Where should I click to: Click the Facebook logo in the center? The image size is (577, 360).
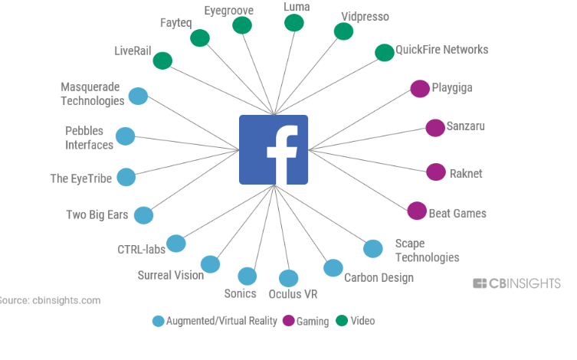pos(274,149)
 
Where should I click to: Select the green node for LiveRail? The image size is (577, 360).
pos(162,61)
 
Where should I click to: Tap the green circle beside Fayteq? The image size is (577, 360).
pos(200,38)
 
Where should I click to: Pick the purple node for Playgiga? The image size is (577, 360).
pos(419,88)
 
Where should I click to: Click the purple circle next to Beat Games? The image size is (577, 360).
pos(417,211)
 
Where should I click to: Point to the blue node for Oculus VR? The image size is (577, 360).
pos(289,279)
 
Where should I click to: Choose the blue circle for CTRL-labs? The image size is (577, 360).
pos(176,244)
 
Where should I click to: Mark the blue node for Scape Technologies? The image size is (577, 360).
pos(372,248)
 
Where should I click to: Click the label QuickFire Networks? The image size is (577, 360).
pos(441,50)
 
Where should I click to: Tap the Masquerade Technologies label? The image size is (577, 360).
pos(92,94)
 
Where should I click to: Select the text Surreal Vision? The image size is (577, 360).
pos(171,275)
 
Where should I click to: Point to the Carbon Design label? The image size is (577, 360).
pos(379,277)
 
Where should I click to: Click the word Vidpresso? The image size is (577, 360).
pos(365,16)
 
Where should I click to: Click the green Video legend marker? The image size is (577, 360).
pos(342,321)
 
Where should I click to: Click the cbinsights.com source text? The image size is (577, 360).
pos(51,300)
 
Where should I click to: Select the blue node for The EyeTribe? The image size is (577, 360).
pos(126,177)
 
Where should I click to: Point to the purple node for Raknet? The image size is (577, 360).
pos(436,172)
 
